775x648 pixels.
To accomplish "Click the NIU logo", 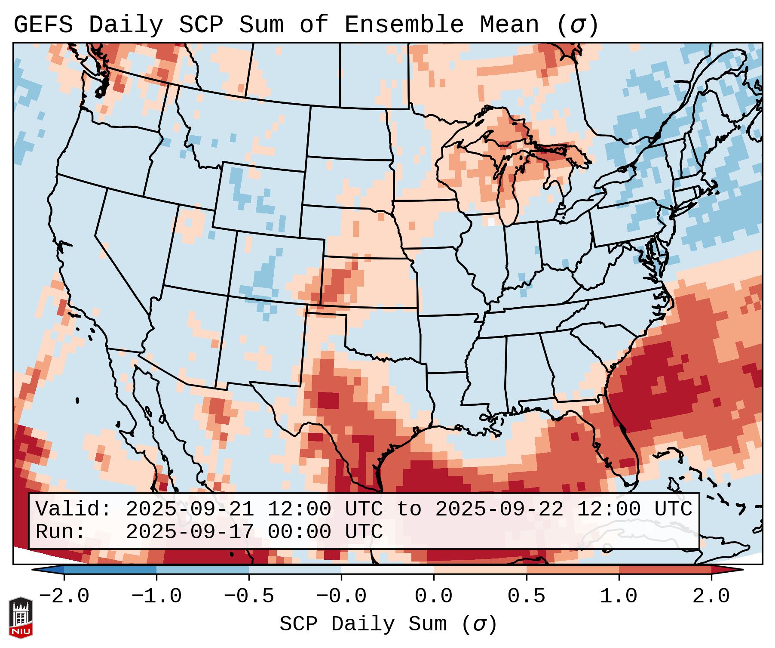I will tap(21, 617).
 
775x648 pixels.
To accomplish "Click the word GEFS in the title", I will tap(43, 25).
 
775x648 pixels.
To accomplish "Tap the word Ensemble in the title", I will tap(404, 25).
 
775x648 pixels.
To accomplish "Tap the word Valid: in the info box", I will tap(74, 509).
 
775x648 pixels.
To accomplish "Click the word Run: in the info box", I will tap(61, 532).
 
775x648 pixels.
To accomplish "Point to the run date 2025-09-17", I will tap(190, 532).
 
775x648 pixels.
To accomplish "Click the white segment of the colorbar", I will tap(387, 569).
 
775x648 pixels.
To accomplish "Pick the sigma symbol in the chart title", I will tap(577, 25).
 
